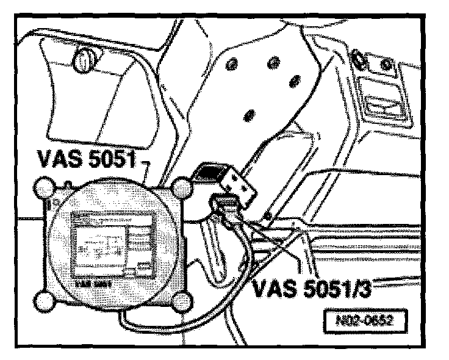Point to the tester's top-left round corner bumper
(45, 187)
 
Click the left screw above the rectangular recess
(359, 59)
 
